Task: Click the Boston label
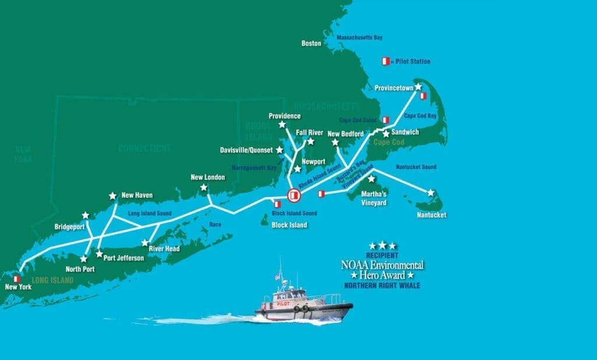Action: (311, 43)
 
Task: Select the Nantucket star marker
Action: (431, 192)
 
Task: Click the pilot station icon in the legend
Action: (385, 61)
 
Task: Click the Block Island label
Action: (289, 225)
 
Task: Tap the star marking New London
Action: (203, 188)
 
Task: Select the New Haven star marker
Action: (113, 196)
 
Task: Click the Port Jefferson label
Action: (124, 258)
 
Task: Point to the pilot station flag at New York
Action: (17, 279)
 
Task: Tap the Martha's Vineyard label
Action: (374, 198)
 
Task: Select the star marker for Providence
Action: (282, 125)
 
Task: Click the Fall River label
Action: (309, 132)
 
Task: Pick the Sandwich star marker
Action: (386, 134)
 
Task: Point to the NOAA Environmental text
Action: (382, 265)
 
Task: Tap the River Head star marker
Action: (145, 242)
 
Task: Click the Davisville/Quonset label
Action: (246, 150)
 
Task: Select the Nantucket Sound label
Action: (416, 167)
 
